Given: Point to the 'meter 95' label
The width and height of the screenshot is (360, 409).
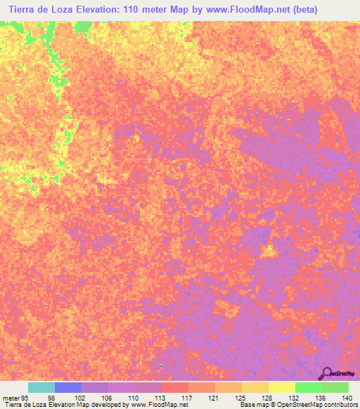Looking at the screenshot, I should [x=15, y=397].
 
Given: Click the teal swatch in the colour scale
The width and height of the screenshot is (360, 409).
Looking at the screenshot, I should [x=41, y=387].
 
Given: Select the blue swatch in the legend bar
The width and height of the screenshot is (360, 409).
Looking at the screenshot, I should [x=68, y=387].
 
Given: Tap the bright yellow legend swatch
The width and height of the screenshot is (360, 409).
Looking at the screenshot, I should [x=282, y=387].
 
